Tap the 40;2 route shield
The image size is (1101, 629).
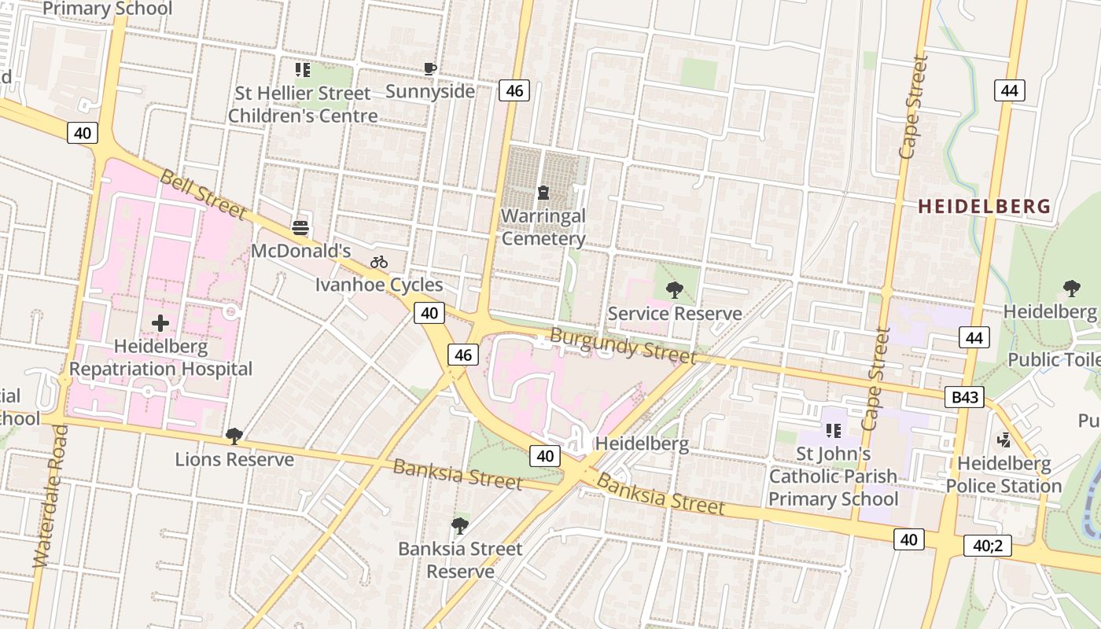(987, 545)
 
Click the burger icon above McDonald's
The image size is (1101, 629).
(300, 228)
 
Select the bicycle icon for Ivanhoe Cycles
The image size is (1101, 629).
(379, 262)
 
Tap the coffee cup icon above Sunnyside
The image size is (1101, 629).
(429, 68)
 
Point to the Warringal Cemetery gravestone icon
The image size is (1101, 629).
(543, 192)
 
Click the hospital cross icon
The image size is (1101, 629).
(160, 323)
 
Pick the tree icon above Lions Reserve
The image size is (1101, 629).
(234, 436)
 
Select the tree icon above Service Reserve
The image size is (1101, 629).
(674, 290)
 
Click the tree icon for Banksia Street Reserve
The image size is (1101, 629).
(460, 525)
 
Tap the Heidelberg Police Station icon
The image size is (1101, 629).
(1004, 440)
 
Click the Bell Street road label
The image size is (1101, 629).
(203, 193)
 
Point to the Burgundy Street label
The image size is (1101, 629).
(623, 345)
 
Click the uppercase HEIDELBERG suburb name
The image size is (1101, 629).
(984, 207)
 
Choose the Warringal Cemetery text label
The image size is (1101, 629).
(543, 227)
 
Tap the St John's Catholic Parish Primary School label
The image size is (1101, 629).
(833, 476)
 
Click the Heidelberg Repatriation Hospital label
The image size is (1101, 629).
(161, 358)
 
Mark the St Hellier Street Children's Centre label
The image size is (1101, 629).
(303, 105)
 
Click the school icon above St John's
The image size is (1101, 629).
(834, 430)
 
